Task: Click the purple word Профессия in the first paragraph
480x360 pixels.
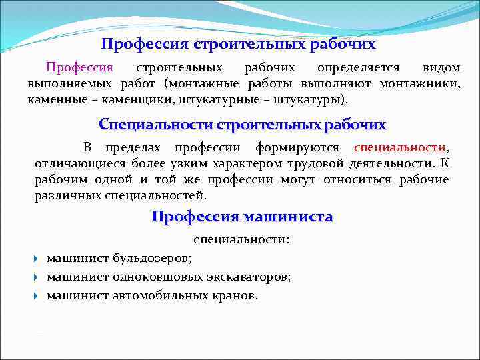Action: pyautogui.click(x=79, y=68)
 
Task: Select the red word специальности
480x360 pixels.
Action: pyautogui.click(x=400, y=147)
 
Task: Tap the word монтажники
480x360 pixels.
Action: pyautogui.click(x=420, y=84)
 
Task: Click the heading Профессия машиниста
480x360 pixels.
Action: pyautogui.click(x=242, y=217)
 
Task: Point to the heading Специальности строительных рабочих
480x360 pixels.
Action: pyautogui.click(x=242, y=125)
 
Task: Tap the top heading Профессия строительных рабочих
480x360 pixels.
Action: pyautogui.click(x=239, y=45)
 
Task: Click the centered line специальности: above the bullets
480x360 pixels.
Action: pyautogui.click(x=242, y=239)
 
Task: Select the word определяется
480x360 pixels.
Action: pyautogui.click(x=359, y=68)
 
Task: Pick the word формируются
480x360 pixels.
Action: pyautogui.click(x=297, y=147)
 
